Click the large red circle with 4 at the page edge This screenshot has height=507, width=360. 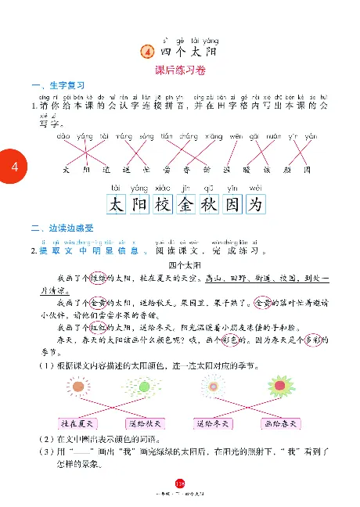point(13,167)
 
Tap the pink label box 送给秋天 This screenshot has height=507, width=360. point(145,424)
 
